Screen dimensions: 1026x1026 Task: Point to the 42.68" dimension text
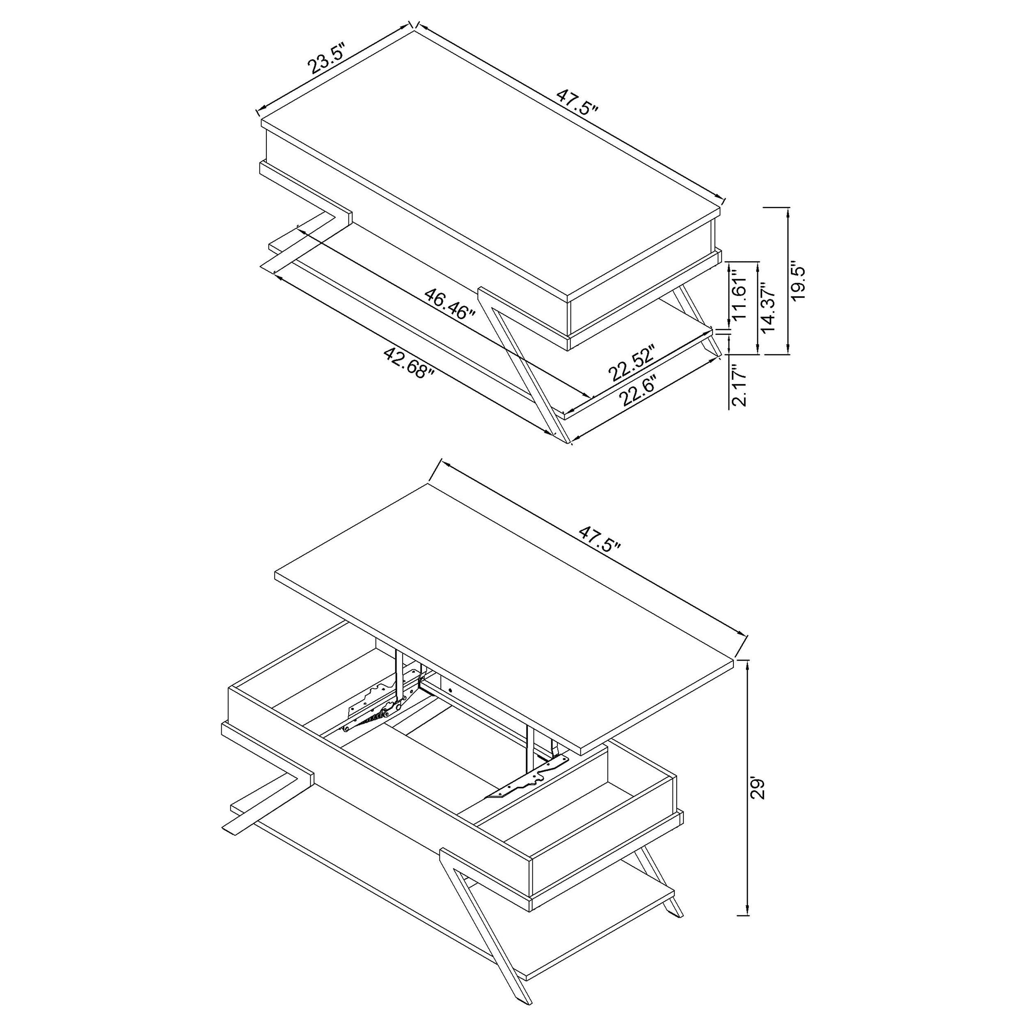(408, 363)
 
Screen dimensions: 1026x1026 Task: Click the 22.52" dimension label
(632, 363)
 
